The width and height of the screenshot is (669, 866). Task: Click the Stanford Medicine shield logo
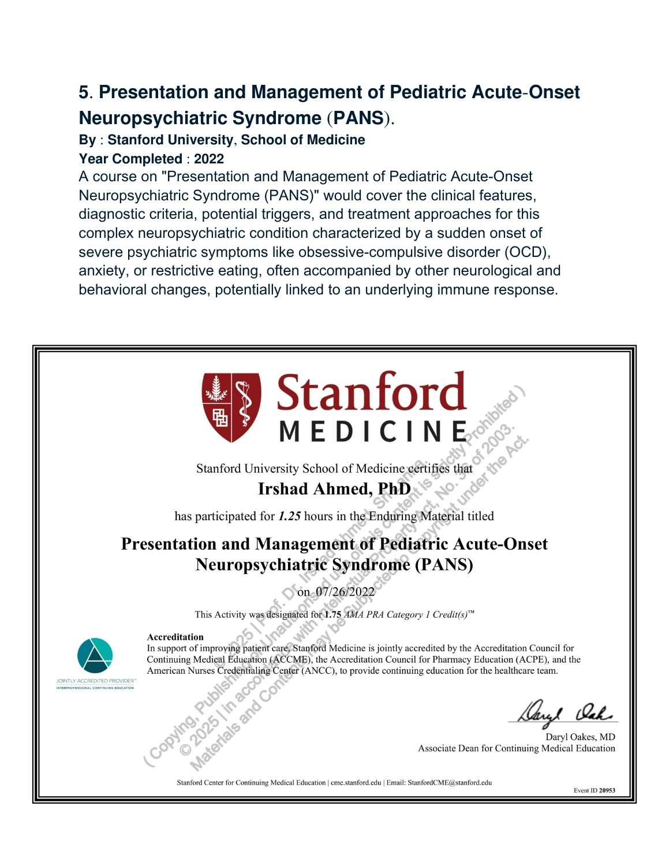click(231, 407)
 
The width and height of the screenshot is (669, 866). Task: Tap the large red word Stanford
click(371, 393)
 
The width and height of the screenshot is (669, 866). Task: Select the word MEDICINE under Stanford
click(373, 431)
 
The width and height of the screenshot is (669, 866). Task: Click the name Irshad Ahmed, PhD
click(334, 490)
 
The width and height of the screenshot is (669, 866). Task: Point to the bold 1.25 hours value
click(289, 516)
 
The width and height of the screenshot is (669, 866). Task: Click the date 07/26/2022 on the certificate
click(345, 592)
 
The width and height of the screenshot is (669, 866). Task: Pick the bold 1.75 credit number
click(332, 615)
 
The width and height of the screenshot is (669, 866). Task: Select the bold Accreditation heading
click(175, 637)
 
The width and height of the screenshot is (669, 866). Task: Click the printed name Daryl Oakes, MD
click(580, 737)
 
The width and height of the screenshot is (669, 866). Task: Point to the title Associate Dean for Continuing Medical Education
click(517, 749)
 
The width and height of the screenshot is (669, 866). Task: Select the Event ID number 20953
click(607, 790)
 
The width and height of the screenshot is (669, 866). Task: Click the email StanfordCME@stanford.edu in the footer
click(450, 783)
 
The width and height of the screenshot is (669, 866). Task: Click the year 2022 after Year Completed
click(209, 159)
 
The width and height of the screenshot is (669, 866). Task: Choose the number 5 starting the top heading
click(84, 92)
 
